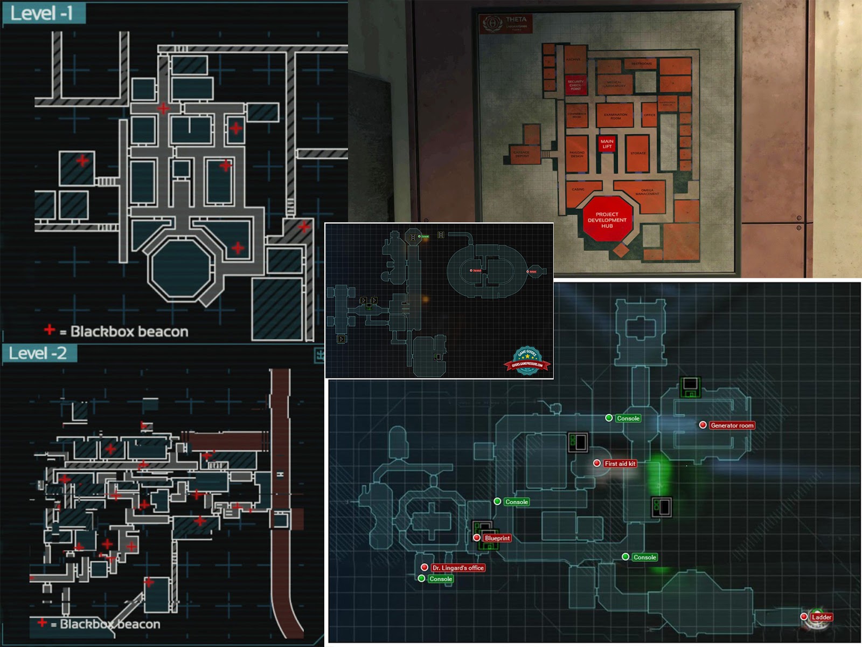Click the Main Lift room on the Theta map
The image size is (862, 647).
[x=607, y=144]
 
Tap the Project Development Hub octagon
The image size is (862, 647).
[x=607, y=220]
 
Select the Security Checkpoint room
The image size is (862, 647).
[x=575, y=86]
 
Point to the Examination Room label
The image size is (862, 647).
[x=615, y=115]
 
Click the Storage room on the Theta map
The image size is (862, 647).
[x=638, y=153]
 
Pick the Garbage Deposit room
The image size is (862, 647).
[x=522, y=154]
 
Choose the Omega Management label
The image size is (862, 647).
[x=647, y=191]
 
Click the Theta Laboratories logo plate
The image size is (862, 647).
[x=505, y=23]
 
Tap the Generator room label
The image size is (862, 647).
[x=732, y=425]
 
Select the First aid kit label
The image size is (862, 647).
[x=620, y=464]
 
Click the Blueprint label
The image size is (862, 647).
[x=497, y=538]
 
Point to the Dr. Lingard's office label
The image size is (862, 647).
[x=458, y=568]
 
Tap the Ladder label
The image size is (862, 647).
[x=821, y=617]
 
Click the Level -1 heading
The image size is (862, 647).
[x=42, y=13]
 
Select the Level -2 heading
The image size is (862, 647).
[x=38, y=354]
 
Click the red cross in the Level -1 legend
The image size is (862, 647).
[x=50, y=329]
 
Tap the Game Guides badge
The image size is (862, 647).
[x=527, y=361]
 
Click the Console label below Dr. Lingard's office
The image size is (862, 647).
[x=441, y=579]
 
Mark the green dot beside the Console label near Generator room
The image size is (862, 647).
[x=609, y=418]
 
